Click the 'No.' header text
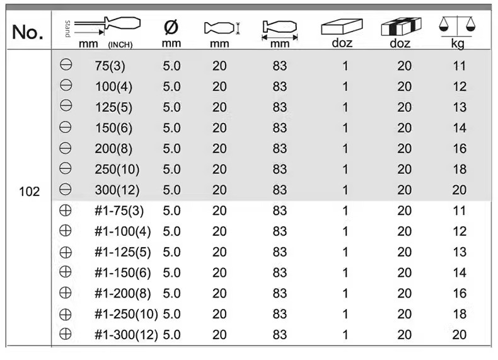27,32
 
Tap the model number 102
29,192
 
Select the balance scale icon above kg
458,26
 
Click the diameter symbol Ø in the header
171,27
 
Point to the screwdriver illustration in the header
107,25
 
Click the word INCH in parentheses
120,45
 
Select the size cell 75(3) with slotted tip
110,66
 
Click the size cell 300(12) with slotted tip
117,190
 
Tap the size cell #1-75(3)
119,211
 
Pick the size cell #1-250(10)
126,314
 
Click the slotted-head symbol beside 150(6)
66,127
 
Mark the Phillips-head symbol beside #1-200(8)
66,293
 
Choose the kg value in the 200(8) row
460,149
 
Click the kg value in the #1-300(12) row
460,335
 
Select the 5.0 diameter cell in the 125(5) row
171,107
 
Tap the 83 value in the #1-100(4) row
279,231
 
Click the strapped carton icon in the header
401,26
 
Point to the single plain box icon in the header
342,26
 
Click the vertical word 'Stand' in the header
67,29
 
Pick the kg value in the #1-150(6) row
460,272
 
